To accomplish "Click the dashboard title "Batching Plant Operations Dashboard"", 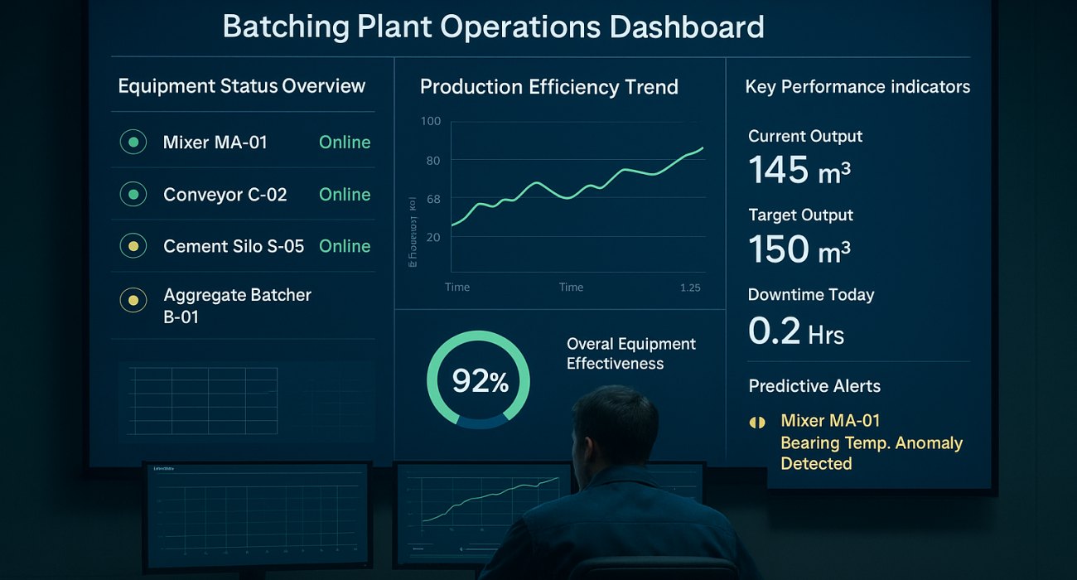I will click(493, 27).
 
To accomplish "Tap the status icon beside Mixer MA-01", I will click(133, 143).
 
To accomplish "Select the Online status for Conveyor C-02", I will click(345, 195).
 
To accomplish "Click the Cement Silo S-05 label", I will click(234, 246).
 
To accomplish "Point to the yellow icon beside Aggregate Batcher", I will click(133, 300).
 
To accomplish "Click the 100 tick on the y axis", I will click(431, 122).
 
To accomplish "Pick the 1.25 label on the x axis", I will click(689, 288).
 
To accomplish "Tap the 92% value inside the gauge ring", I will click(480, 381).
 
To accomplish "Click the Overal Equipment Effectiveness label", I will click(630, 354).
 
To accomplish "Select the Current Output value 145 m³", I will click(799, 171).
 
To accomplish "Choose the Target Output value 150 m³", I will click(799, 249).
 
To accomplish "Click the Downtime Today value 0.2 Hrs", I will click(795, 332).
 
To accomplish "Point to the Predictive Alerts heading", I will click(814, 386).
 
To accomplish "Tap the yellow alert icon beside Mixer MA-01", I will click(757, 423).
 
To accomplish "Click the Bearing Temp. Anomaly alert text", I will click(871, 443).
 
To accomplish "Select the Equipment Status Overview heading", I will click(241, 86).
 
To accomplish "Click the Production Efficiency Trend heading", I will click(548, 87).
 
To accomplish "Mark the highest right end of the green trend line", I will click(703, 148).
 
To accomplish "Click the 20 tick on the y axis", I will click(432, 237).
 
